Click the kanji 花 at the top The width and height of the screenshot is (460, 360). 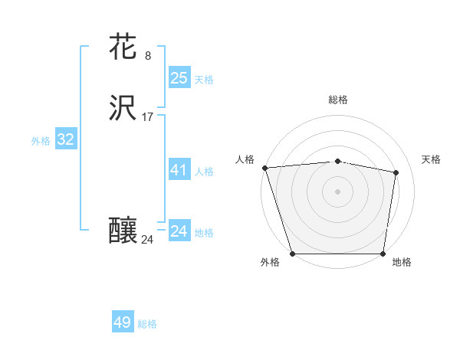tap(124, 47)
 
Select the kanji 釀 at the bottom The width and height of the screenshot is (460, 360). tap(124, 231)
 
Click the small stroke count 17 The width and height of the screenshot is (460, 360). tap(148, 117)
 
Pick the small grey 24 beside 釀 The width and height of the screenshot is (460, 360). tap(148, 240)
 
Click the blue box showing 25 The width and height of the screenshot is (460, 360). tap(179, 77)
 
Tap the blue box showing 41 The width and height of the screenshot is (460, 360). tap(179, 170)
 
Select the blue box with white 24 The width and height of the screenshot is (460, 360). tap(179, 231)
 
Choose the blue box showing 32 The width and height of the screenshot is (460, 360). tap(66, 139)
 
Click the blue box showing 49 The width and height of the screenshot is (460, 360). tap(123, 322)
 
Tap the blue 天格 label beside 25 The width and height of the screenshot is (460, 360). tap(204, 80)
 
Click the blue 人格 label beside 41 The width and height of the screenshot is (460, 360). tap(205, 172)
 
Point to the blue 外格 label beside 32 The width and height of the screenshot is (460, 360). tap(41, 141)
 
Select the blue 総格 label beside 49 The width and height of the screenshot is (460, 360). tap(147, 324)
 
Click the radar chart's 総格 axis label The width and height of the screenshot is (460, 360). tap(338, 100)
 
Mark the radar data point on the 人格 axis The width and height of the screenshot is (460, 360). tap(264, 168)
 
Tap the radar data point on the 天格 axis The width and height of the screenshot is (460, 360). tap(396, 173)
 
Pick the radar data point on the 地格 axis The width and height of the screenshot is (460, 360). tap(383, 254)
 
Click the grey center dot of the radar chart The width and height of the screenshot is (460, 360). tap(338, 191)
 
